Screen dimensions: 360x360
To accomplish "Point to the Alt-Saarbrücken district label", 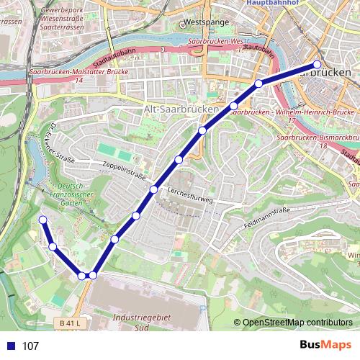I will click(181, 108).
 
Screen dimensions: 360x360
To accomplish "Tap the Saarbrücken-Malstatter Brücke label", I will click(79, 73).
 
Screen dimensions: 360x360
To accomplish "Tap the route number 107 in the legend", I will click(30, 346).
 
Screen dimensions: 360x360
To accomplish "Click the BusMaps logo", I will click(325, 345).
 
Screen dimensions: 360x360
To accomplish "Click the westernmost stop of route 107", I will click(42, 220).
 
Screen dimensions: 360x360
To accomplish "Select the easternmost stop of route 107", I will click(318, 64).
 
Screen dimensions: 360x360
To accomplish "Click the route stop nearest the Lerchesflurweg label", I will click(153, 189).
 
